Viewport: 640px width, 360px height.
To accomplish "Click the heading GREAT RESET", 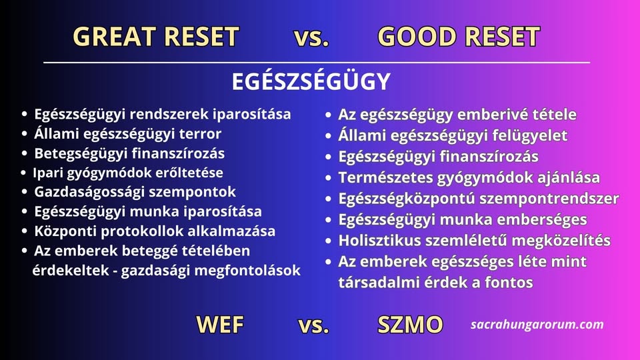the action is (x=156, y=36).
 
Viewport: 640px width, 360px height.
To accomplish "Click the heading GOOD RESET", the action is (x=459, y=36).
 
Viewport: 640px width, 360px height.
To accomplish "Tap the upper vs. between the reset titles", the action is (x=311, y=37).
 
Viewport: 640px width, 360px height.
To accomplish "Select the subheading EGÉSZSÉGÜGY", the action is (x=311, y=81).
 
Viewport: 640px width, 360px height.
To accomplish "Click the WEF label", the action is (x=220, y=325).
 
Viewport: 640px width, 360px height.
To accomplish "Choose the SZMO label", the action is (x=410, y=325).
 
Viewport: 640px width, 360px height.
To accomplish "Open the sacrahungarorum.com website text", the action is (x=537, y=325).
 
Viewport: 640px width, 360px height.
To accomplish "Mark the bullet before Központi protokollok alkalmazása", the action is (x=25, y=231).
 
